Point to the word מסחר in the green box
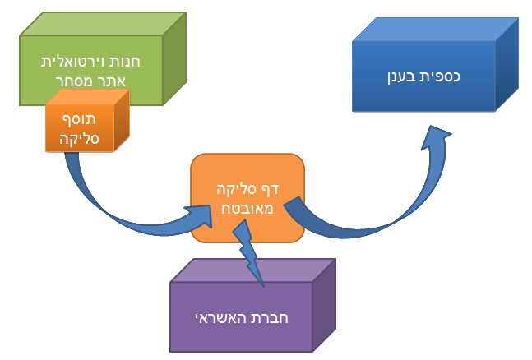[74, 81]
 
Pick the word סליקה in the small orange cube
[80, 138]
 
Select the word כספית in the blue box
[440, 76]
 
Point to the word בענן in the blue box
[402, 76]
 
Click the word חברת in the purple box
[268, 317]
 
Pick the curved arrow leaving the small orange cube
[99, 197]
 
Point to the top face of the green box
[103, 22]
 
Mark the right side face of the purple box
[325, 304]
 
